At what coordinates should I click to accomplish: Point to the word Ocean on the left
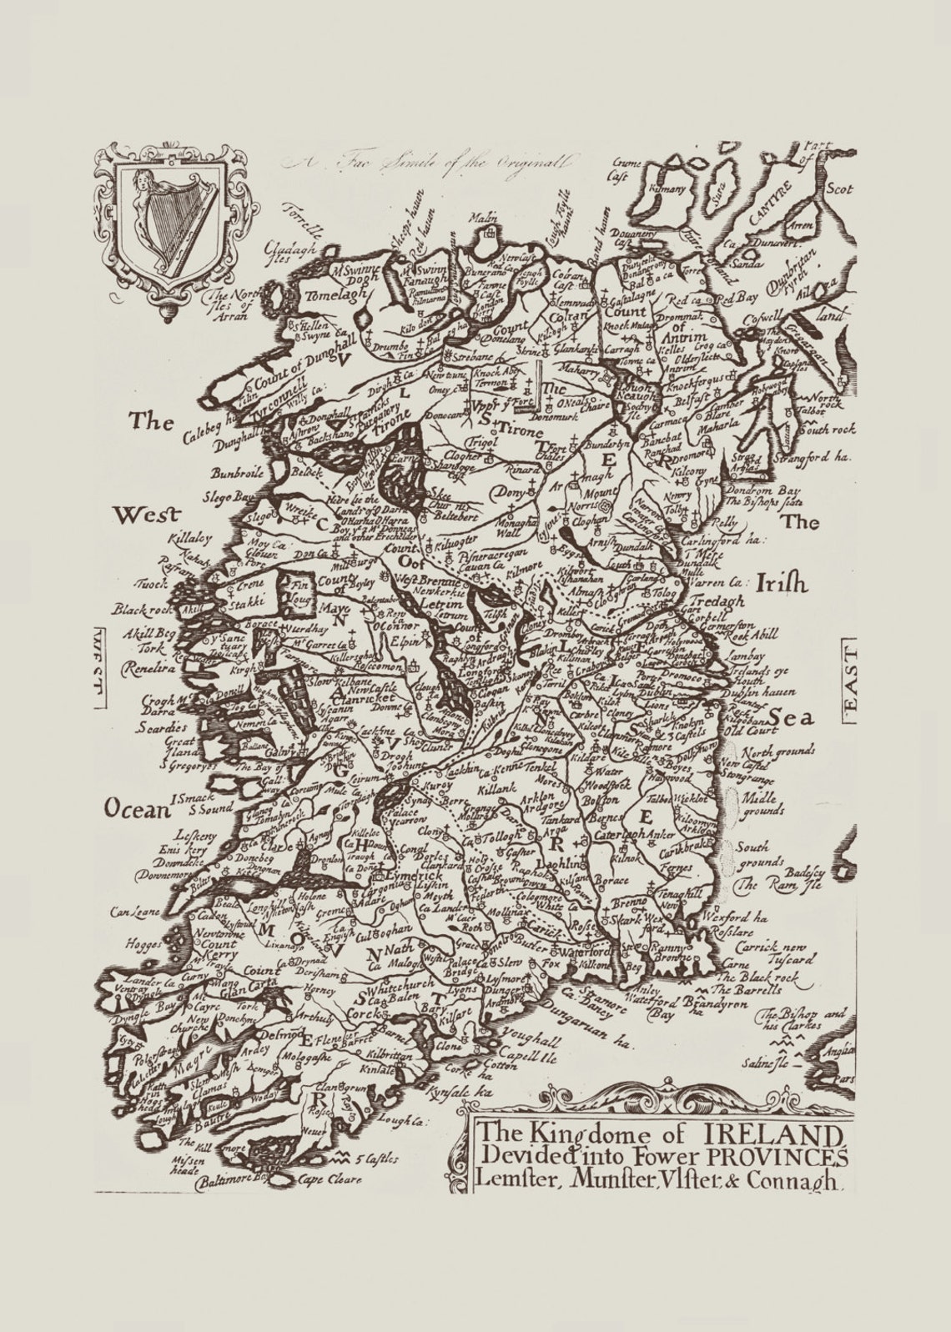(133, 807)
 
